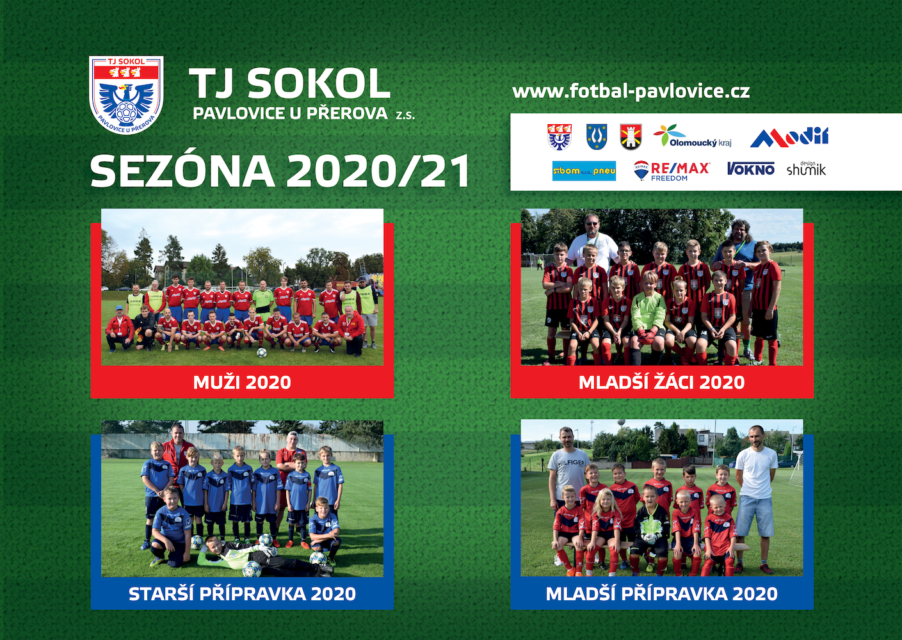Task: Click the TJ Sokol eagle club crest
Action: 126,95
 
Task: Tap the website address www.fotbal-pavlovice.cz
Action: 631,91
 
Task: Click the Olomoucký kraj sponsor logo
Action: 692,136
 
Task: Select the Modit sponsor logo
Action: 789,137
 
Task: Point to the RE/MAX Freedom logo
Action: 672,170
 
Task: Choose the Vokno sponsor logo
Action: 750,169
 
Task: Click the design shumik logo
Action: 806,168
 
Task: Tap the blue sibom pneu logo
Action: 584,171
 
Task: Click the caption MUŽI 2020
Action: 242,382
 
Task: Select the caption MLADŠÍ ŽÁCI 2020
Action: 661,382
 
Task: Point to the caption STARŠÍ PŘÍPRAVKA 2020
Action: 242,594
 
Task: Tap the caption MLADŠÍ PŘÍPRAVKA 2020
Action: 661,594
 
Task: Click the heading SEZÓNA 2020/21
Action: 280,171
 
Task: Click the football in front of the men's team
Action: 262,353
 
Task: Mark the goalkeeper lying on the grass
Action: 262,556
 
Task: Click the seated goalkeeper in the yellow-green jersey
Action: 648,318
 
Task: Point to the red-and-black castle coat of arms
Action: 631,136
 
